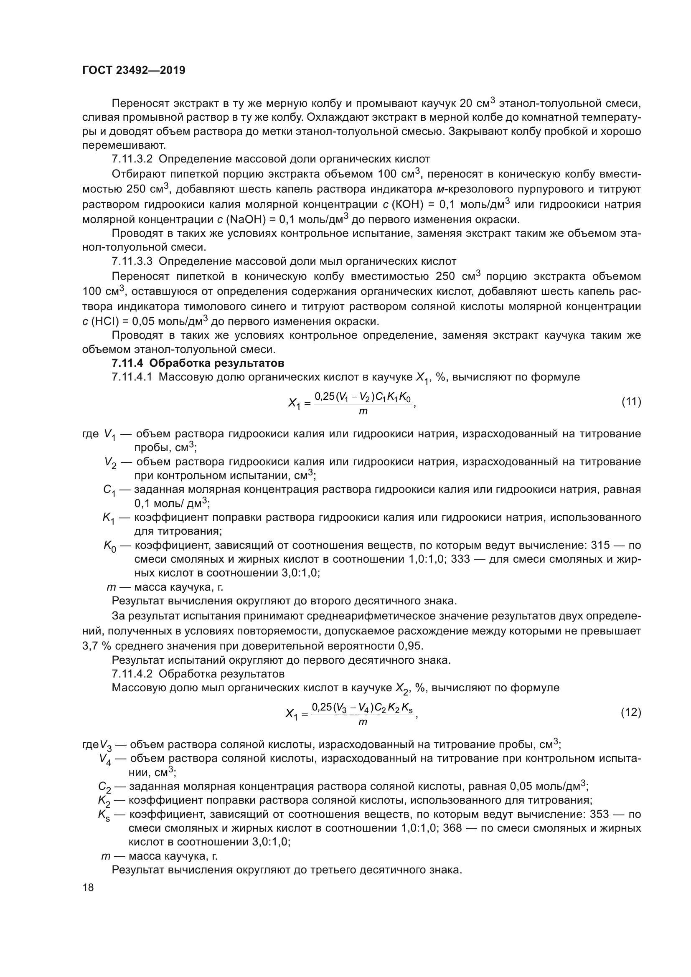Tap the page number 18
[x=88, y=888]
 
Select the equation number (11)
[x=631, y=401]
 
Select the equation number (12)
[x=631, y=712]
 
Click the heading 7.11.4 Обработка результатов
[x=198, y=363]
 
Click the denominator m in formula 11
[x=363, y=411]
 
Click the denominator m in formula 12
[x=363, y=722]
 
